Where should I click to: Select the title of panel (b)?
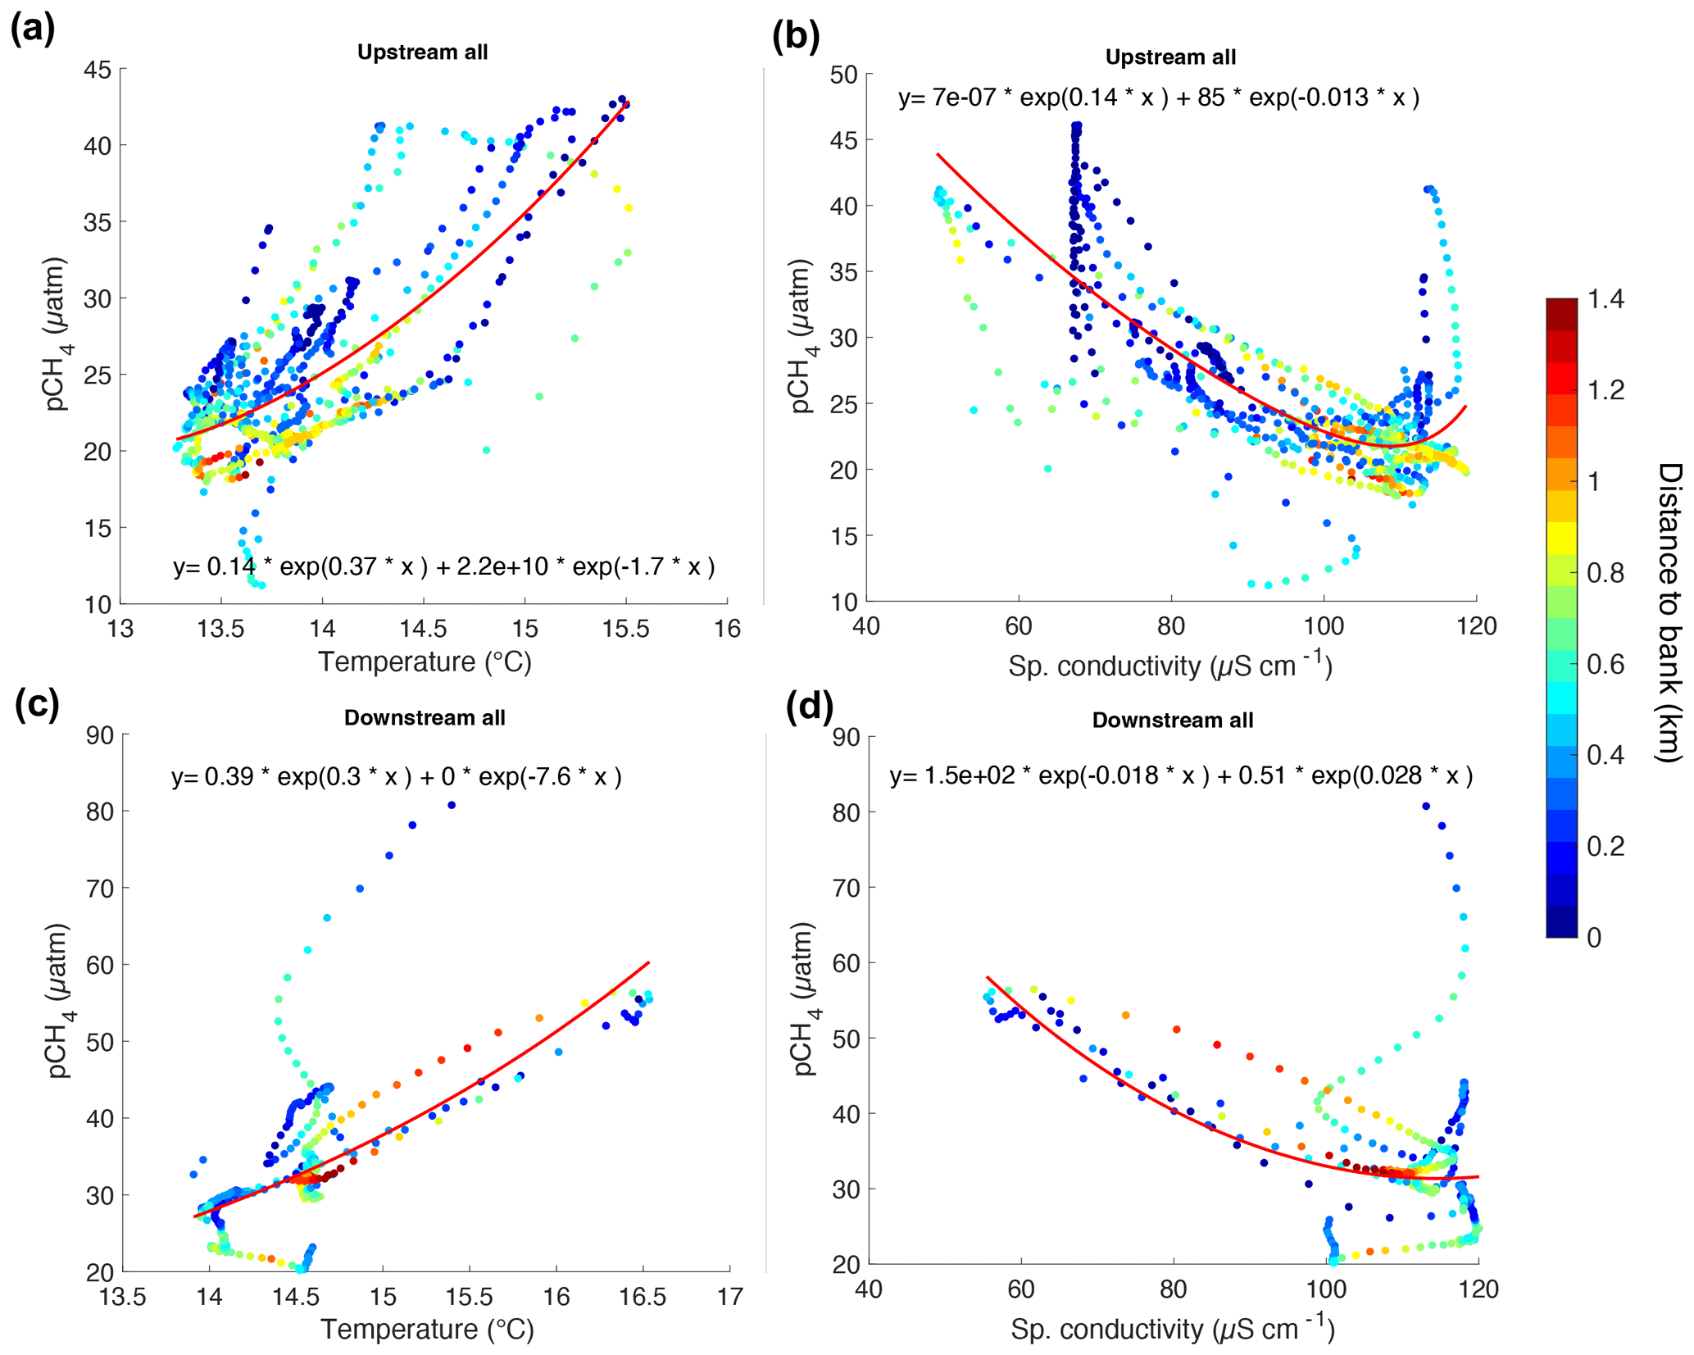click(1169, 57)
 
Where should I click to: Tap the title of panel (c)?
click(424, 718)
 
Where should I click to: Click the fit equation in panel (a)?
click(443, 566)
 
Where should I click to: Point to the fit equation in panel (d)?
click(1181, 775)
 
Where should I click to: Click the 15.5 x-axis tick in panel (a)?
click(626, 630)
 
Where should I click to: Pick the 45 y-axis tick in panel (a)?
click(98, 70)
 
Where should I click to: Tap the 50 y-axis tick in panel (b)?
click(843, 75)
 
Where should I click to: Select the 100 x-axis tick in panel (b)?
click(1324, 627)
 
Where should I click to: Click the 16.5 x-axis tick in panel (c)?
click(643, 1297)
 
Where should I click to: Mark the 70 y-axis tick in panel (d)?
click(847, 888)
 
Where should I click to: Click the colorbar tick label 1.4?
click(1605, 300)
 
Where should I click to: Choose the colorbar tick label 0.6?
click(1605, 664)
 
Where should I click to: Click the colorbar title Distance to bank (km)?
click(1669, 612)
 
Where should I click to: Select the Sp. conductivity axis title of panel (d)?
click(1172, 1329)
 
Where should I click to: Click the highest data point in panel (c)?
click(452, 805)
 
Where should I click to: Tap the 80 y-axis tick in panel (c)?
click(100, 812)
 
